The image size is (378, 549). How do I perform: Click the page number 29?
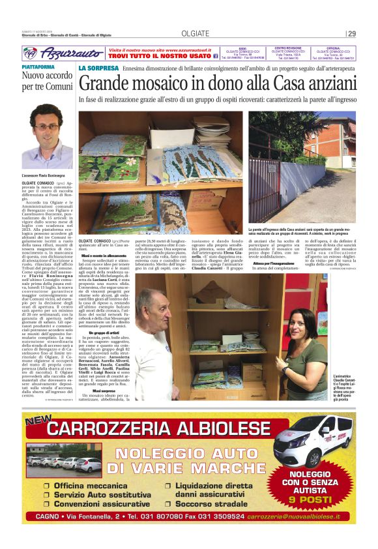[352, 34]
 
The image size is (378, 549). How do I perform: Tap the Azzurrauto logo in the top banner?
[59, 54]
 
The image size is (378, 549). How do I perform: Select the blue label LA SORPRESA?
[98, 68]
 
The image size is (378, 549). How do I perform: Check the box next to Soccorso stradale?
[168, 504]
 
